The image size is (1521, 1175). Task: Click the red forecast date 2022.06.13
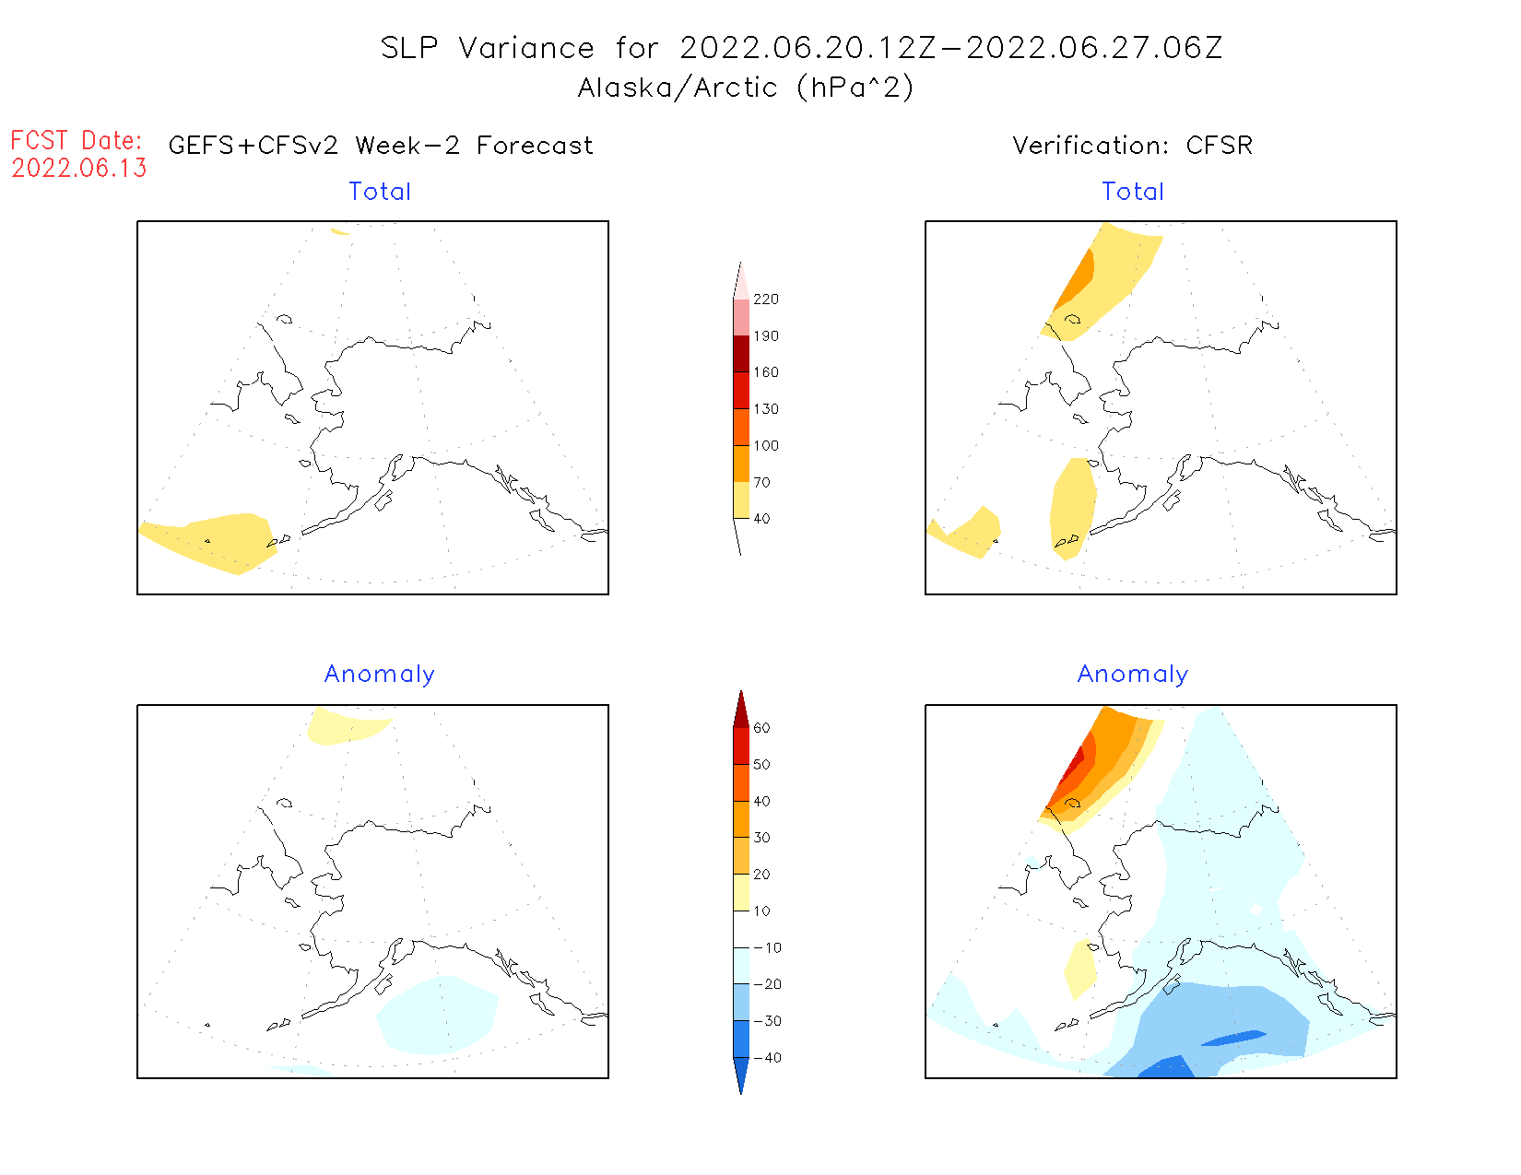79,168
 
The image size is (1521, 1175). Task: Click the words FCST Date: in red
77,140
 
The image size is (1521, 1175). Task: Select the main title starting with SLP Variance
801,48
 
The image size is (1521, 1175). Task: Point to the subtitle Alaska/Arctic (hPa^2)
746,88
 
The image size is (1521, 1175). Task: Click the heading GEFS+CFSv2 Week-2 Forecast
381,146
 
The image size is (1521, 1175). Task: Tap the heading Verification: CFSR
1132,146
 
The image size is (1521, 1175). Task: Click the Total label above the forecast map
380,192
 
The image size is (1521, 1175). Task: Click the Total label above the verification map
1133,192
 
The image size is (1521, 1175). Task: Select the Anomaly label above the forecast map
379,674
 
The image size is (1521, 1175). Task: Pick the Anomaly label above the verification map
1133,674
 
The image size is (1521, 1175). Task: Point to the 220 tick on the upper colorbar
765,300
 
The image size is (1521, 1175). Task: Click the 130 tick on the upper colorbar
765,409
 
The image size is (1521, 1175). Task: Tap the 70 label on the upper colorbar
761,482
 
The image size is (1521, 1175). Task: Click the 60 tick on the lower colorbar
761,728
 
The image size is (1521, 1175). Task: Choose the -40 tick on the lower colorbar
767,1058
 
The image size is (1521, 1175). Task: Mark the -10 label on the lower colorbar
767,947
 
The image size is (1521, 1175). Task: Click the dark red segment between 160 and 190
741,354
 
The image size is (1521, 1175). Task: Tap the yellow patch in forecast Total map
217,542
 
